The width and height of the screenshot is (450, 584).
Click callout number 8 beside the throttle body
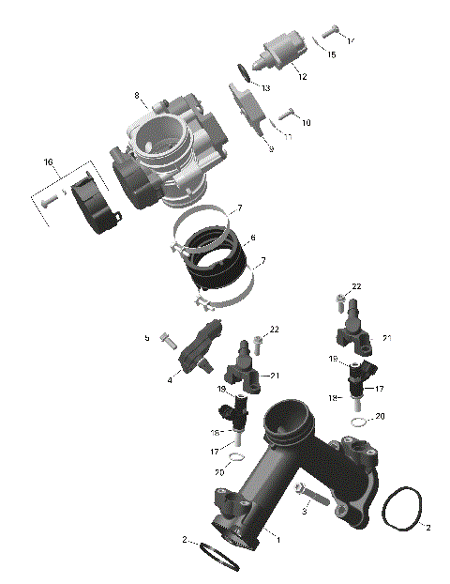point(137,96)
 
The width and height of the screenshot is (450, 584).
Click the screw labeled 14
point(329,32)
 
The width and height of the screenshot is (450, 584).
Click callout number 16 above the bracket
point(49,162)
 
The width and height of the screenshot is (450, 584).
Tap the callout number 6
point(252,238)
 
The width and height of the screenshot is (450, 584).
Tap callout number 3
point(306,512)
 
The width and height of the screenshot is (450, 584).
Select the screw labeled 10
point(288,115)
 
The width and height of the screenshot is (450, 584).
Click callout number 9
point(271,149)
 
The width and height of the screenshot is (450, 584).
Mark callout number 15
point(331,55)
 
